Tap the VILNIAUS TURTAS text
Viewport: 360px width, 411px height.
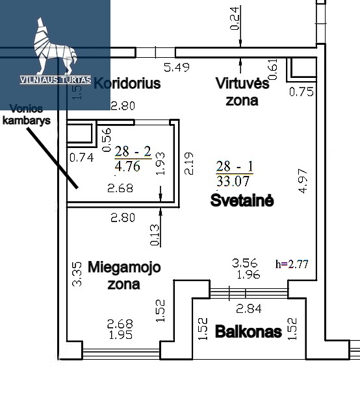[55, 80]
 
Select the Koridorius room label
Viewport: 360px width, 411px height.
[127, 83]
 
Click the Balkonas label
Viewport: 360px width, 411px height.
[248, 332]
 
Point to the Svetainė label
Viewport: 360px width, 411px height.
[242, 200]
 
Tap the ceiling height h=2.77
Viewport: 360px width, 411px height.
[292, 264]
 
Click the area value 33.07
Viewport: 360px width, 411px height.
[233, 181]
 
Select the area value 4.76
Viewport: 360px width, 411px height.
[127, 166]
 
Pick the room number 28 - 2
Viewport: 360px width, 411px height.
[133, 151]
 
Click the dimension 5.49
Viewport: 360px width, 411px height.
[177, 68]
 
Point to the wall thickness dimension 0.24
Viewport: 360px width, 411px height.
[235, 19]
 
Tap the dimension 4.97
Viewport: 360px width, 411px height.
[303, 181]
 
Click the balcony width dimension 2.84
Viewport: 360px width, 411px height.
[249, 308]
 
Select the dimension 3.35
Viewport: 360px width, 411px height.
[77, 274]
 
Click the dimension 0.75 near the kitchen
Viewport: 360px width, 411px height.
[302, 92]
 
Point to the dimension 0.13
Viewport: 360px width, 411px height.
[155, 235]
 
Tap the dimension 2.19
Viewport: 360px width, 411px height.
[188, 163]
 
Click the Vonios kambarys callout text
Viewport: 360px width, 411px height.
[27, 114]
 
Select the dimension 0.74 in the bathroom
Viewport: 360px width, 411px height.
[82, 158]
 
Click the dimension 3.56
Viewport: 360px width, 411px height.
[245, 263]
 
